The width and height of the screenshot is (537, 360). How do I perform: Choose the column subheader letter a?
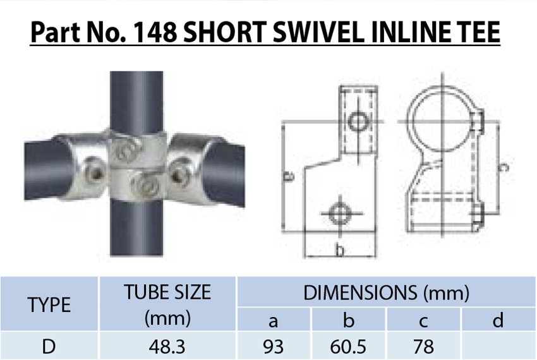273,321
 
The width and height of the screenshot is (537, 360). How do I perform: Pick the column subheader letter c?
423,321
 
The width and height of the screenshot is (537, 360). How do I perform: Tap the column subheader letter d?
498,321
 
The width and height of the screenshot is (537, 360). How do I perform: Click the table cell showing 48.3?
167,347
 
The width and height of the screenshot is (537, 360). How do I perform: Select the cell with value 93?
273,347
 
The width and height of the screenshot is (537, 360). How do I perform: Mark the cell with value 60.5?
348,347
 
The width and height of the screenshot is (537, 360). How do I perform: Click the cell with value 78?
423,347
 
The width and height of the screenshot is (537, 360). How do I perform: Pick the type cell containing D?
49,347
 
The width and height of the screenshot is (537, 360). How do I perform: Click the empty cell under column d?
498,347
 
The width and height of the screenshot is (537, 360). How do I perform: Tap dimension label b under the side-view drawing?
340,251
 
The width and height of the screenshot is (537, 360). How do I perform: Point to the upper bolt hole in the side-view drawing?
359,121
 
